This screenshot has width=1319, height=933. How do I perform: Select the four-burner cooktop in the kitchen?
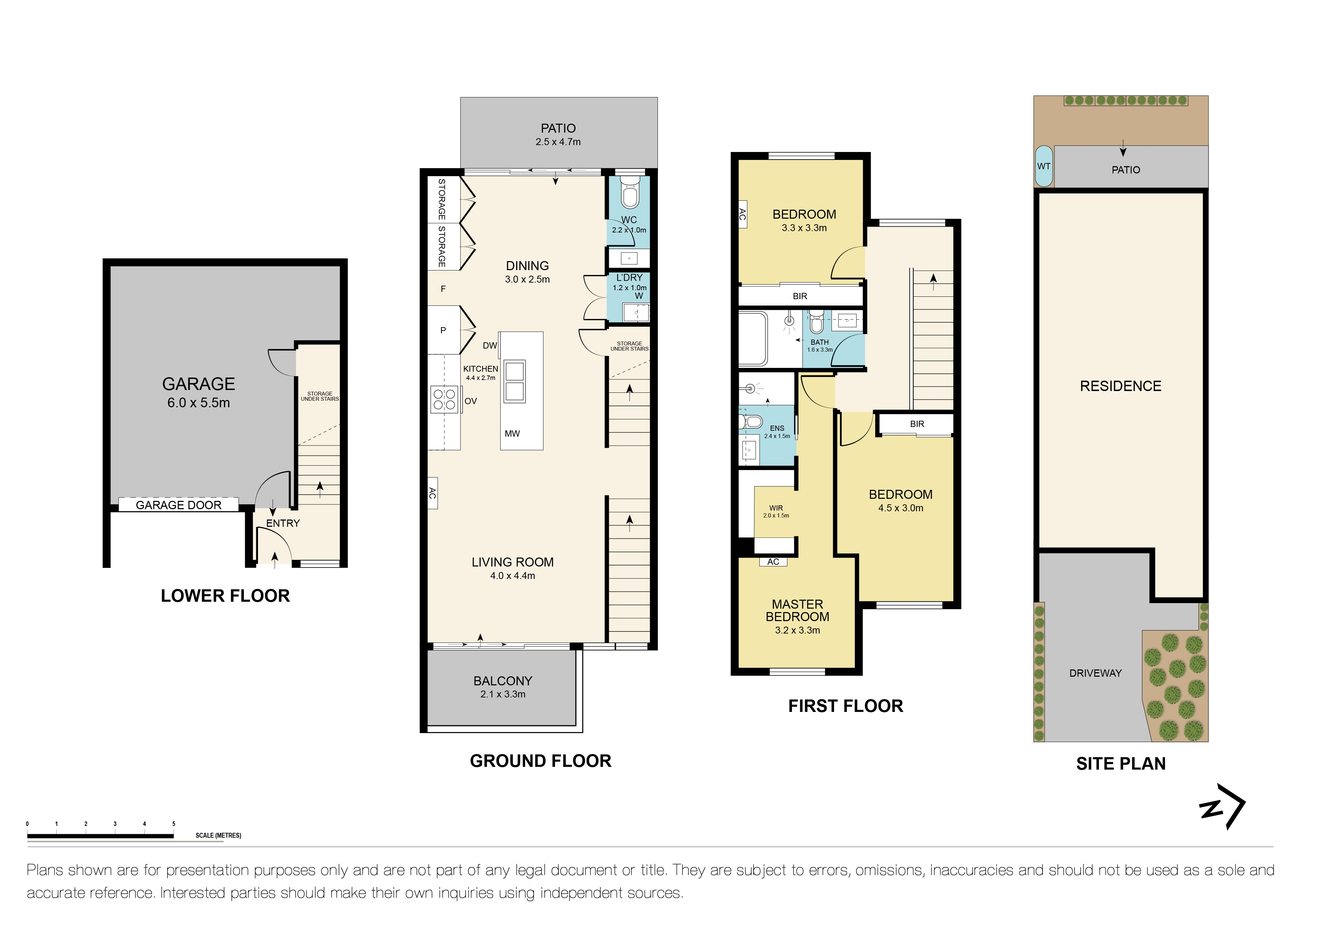point(445,399)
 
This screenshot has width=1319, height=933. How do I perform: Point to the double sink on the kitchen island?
point(514,381)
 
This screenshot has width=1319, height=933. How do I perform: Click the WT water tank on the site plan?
point(1044,166)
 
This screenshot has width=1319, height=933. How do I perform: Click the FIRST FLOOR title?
point(845,706)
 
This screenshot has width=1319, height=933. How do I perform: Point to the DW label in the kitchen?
point(489,345)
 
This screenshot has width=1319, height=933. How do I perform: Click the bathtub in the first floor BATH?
point(753,339)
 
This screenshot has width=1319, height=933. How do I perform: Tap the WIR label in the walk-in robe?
point(776,508)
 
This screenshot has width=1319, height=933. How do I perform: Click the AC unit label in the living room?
point(432,493)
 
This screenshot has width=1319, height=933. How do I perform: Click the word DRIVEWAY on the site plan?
point(1096,673)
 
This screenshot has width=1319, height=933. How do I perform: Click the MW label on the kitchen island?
point(512,434)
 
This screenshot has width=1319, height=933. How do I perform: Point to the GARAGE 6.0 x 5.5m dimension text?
point(199,403)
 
